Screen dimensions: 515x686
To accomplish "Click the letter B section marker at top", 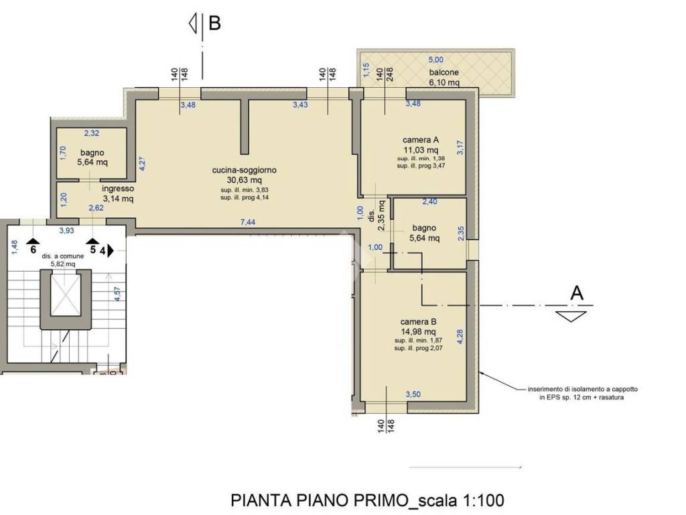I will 214,23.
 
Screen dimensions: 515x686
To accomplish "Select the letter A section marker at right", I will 575,292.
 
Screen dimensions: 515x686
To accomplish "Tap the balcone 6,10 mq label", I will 444,77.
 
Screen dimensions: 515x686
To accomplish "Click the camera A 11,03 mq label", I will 420,145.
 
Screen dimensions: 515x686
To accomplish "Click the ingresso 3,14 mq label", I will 118,194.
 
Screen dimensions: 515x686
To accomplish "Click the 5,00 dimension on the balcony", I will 436,60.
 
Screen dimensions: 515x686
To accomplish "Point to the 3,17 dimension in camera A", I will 460,147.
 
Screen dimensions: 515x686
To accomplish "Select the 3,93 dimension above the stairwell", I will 66,231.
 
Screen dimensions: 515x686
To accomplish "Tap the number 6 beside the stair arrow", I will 32,250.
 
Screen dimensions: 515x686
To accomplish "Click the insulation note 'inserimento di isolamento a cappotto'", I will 575,389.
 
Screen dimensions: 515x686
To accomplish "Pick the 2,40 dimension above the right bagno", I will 429,201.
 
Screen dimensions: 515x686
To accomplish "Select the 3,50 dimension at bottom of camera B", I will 413,394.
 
